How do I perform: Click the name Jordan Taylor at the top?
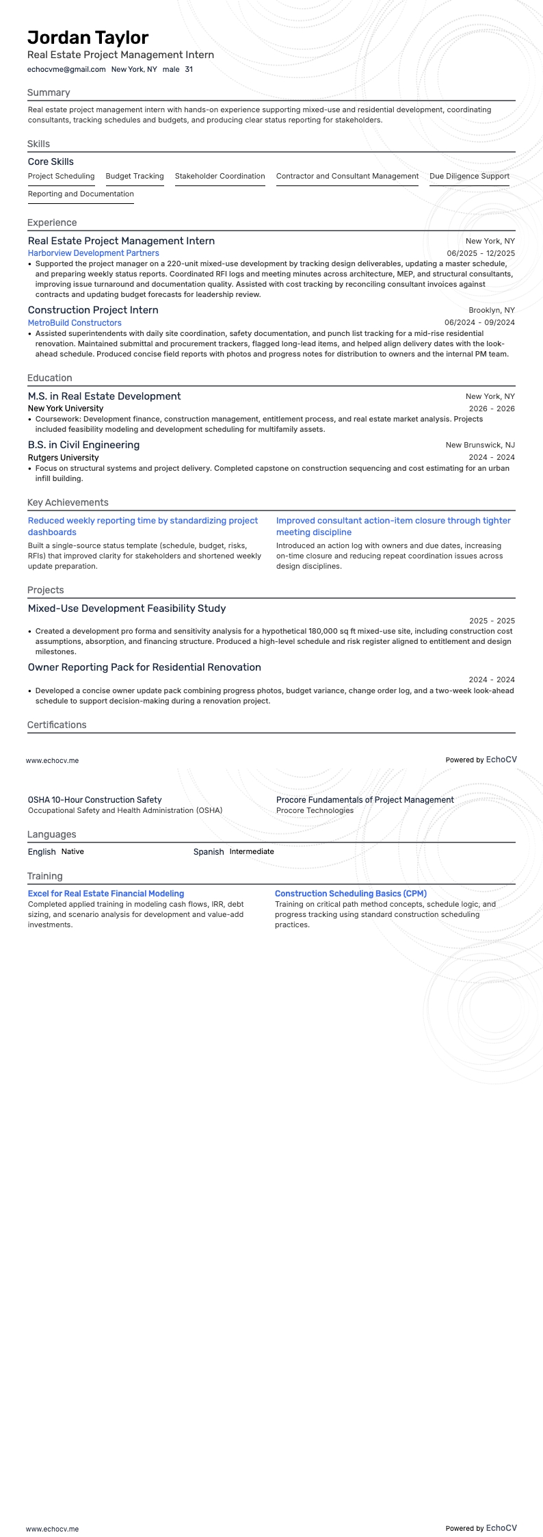pyautogui.click(x=88, y=38)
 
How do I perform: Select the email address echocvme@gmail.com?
pyautogui.click(x=66, y=69)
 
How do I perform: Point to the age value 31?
pyautogui.click(x=189, y=69)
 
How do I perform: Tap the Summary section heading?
pyautogui.click(x=49, y=92)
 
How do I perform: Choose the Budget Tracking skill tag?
pyautogui.click(x=135, y=176)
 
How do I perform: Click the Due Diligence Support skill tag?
pyautogui.click(x=469, y=176)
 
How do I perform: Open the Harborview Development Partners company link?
pyautogui.click(x=93, y=253)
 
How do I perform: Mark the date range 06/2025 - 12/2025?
pyautogui.click(x=481, y=253)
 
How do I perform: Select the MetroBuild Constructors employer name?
pyautogui.click(x=75, y=322)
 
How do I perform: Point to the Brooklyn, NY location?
pyautogui.click(x=492, y=310)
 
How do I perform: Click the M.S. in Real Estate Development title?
pyautogui.click(x=104, y=396)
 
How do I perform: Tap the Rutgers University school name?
pyautogui.click(x=63, y=457)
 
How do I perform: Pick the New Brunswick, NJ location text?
pyautogui.click(x=480, y=445)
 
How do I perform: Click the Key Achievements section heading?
pyautogui.click(x=68, y=502)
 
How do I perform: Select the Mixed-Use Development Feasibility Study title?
pyautogui.click(x=127, y=608)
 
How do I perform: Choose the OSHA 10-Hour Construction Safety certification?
pyautogui.click(x=94, y=799)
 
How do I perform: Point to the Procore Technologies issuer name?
pyautogui.click(x=315, y=810)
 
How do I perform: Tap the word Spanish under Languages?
pyautogui.click(x=209, y=851)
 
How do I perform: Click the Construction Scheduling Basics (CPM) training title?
pyautogui.click(x=350, y=893)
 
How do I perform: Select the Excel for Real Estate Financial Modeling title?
pyautogui.click(x=106, y=893)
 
